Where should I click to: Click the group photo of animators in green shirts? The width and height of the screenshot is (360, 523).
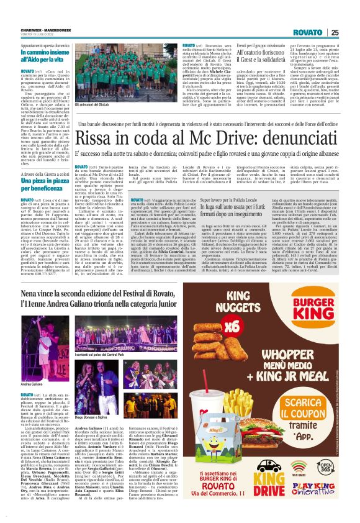(124, 72)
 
